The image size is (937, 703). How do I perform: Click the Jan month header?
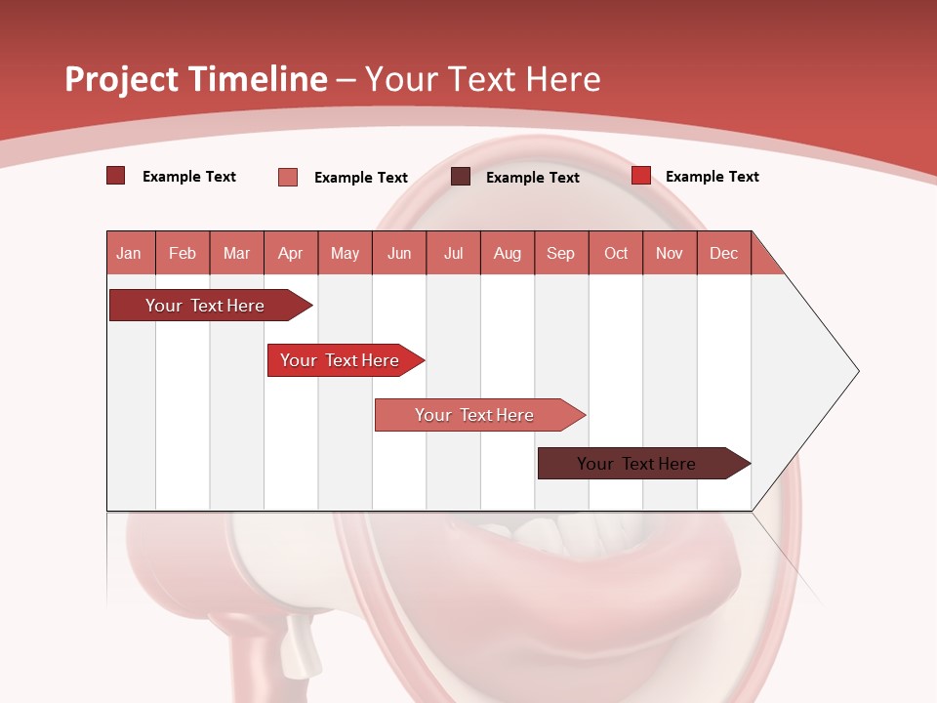pos(130,253)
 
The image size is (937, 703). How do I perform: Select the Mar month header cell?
pos(236,253)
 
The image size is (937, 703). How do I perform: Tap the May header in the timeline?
pos(345,253)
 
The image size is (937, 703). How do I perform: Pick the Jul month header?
pos(453,253)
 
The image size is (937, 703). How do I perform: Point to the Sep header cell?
pos(560,253)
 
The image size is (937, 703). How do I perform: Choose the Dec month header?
pos(723,253)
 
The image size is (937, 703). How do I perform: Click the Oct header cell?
pos(616,253)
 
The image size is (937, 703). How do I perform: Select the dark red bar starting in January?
pos(206,306)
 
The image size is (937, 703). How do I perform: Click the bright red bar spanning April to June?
pos(341,360)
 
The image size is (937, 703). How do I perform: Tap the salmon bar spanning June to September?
pos(475,415)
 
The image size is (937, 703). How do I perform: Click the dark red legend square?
pos(116,176)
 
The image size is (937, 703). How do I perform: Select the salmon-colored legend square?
pos(288,177)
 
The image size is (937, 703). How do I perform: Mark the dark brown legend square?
pos(461,177)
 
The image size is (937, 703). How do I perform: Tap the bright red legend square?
pos(641,176)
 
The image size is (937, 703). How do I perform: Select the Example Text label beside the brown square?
pos(532,178)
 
